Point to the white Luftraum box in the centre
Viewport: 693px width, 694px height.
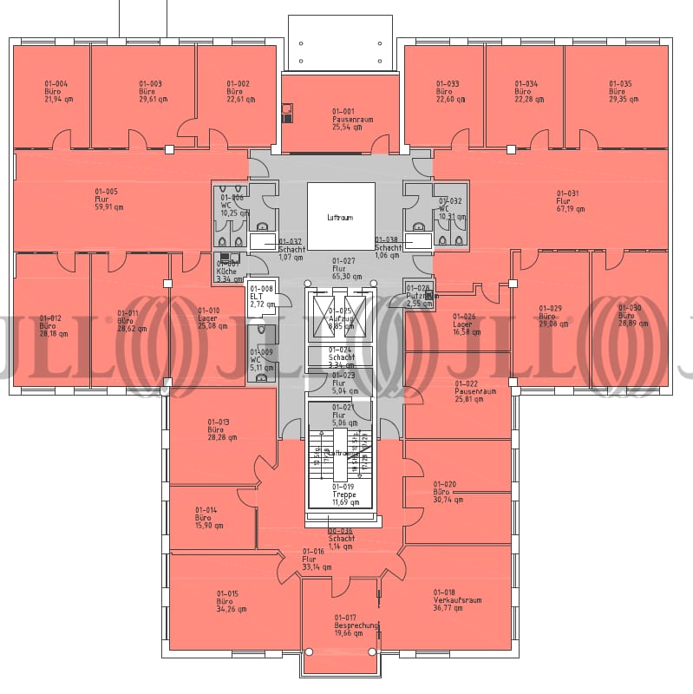pos(341,216)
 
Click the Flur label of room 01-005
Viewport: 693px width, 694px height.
pos(101,199)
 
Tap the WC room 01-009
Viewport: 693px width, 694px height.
pos(260,359)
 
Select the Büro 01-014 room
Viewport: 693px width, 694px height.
pos(208,518)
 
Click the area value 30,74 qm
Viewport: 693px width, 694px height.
pos(448,500)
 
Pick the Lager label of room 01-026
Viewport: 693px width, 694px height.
pos(462,324)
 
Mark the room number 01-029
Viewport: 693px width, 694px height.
pos(551,308)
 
